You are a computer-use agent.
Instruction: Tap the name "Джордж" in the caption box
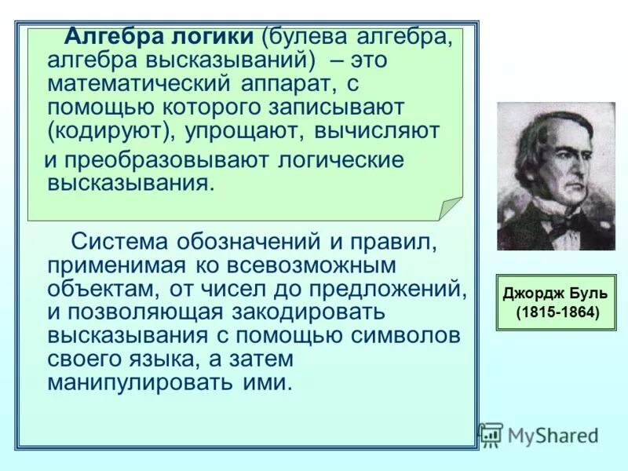pyautogui.click(x=531, y=294)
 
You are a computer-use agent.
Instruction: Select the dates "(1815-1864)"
pyautogui.click(x=557, y=312)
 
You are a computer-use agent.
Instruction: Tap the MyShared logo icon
pyautogui.click(x=491, y=434)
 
